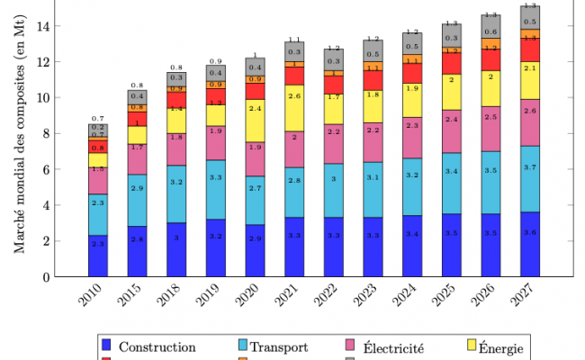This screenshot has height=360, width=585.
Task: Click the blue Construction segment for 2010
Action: tap(98, 256)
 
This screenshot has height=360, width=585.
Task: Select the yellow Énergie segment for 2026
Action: tap(490, 89)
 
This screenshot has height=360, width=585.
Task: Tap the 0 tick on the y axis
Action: tap(57, 276)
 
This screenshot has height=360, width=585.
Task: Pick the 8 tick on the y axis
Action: tap(57, 133)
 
